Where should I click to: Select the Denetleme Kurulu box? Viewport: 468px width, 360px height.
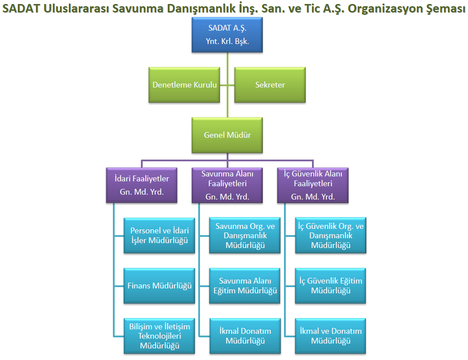[x=184, y=85]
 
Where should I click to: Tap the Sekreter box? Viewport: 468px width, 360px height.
[x=270, y=85]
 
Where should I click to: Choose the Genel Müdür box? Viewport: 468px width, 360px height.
[x=227, y=135]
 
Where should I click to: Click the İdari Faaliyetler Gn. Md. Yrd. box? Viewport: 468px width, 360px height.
[x=142, y=185]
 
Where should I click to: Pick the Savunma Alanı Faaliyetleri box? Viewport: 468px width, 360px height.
[x=227, y=185]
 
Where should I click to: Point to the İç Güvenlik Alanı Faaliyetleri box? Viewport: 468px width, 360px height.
[x=313, y=185]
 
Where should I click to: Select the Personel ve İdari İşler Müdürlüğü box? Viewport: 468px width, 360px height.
[x=159, y=236]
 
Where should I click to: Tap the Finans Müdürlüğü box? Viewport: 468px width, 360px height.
[x=159, y=286]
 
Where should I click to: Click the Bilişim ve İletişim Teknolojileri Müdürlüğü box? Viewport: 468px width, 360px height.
[x=159, y=336]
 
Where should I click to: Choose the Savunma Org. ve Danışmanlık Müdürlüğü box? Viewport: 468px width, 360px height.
[x=245, y=236]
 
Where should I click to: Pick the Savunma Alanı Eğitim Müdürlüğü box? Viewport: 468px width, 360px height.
[x=245, y=286]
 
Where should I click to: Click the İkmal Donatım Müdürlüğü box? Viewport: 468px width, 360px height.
[x=245, y=336]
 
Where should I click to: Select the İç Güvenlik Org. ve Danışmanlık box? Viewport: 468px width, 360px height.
[x=331, y=236]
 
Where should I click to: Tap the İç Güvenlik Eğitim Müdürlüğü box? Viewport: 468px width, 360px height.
[x=331, y=286]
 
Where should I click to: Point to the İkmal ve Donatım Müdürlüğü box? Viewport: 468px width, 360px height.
[x=331, y=336]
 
